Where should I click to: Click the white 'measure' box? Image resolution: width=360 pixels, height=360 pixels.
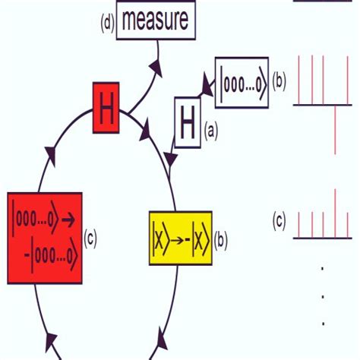pyautogui.click(x=156, y=21)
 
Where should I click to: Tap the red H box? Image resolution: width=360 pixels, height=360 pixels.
pyautogui.click(x=106, y=109)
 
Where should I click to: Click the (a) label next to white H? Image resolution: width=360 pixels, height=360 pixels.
pyautogui.click(x=210, y=131)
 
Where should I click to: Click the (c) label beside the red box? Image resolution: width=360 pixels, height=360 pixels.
pyautogui.click(x=90, y=237)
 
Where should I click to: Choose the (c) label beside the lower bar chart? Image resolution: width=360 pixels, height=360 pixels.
pyautogui.click(x=279, y=221)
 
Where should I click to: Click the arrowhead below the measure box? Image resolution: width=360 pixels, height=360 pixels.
pyautogui.click(x=156, y=69)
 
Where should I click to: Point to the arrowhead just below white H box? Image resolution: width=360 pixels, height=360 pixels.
pyautogui.click(x=171, y=160)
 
